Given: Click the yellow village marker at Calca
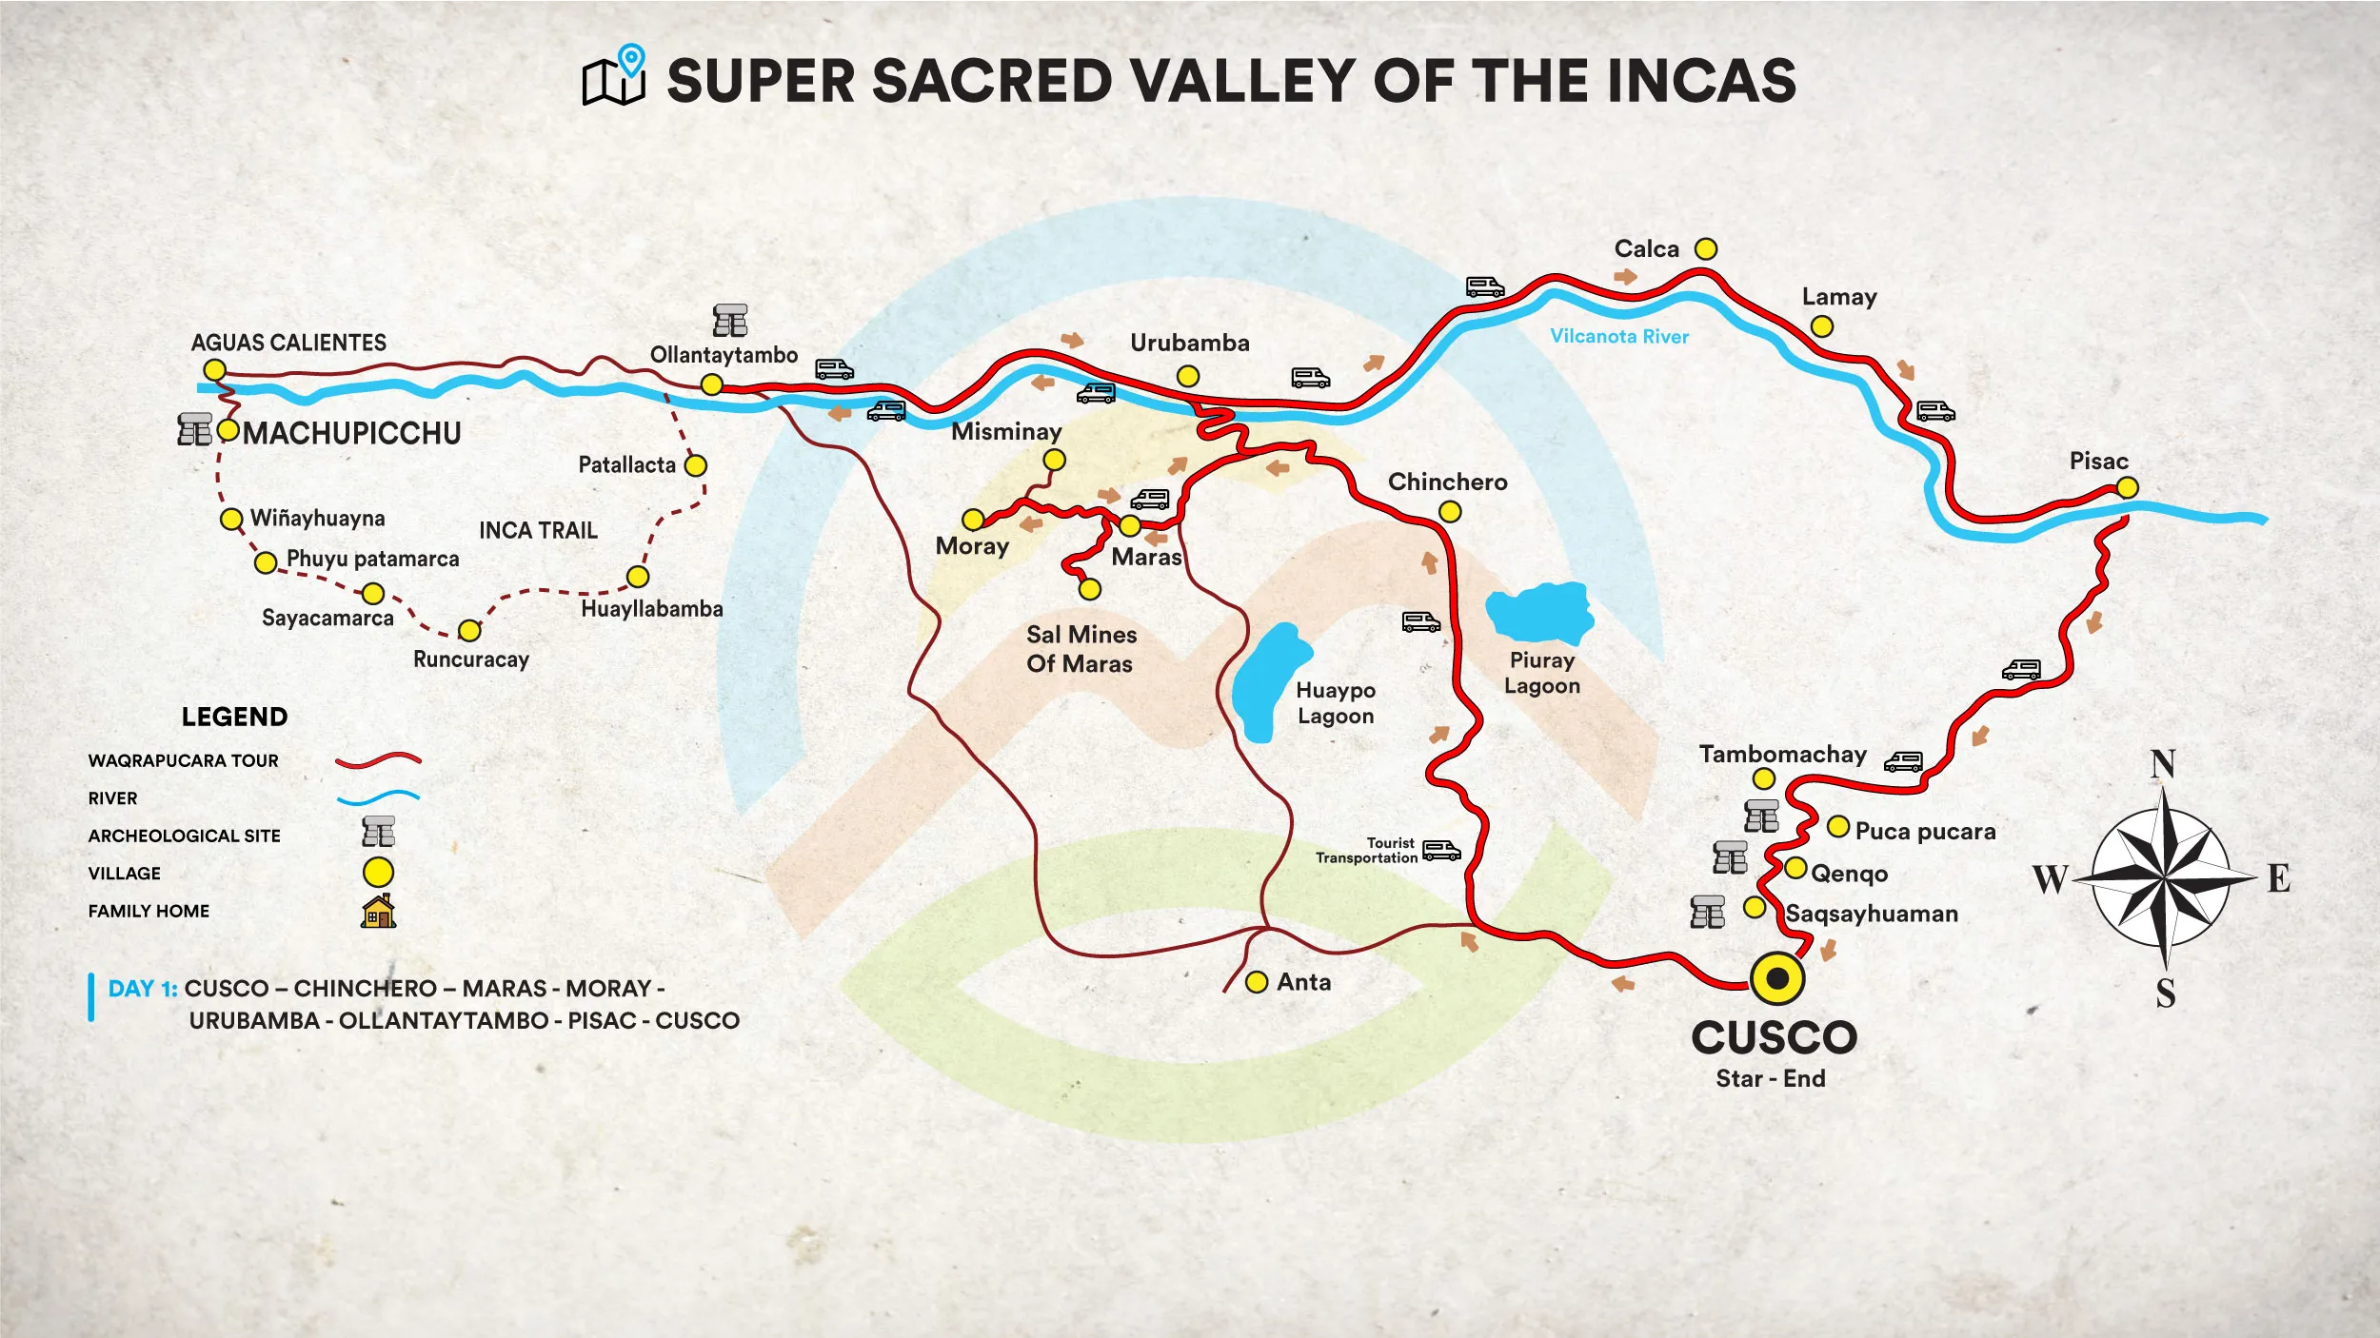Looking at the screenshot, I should [1706, 249].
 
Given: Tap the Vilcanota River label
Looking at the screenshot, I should [1618, 336].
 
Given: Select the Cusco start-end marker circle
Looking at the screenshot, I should [1776, 977].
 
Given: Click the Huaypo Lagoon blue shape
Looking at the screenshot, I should [1269, 680].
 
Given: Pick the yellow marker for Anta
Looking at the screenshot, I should [1257, 981].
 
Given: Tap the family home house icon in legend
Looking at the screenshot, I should [378, 911].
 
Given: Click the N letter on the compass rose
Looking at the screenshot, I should [2163, 763].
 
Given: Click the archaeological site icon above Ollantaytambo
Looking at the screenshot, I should [730, 321].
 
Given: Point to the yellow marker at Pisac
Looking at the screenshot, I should [2127, 488].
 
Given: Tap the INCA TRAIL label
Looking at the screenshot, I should [538, 530].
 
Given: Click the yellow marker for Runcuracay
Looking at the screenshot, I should [469, 631].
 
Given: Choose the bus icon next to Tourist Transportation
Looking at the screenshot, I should [1440, 850].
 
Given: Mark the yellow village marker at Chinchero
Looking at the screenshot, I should [1450, 512].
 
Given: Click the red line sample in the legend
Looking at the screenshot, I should [378, 760].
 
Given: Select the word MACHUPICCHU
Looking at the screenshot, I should [352, 433].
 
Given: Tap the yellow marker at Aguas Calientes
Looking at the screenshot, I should [215, 370].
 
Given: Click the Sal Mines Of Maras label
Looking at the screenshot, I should [1081, 649].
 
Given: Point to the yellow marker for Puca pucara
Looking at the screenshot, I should [1838, 826].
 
